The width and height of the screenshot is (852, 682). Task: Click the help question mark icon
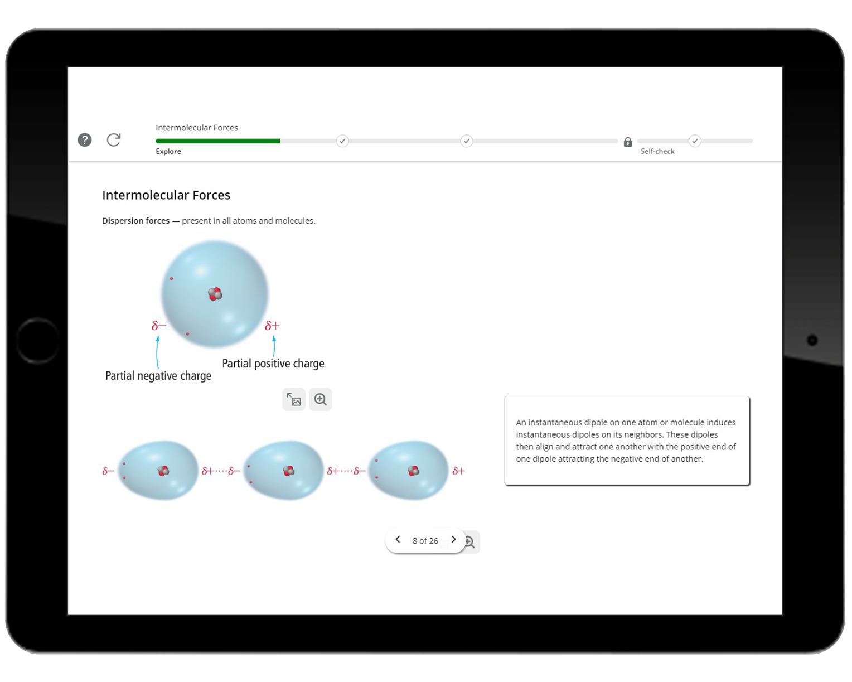(x=85, y=140)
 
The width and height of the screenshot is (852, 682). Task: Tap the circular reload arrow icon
(x=114, y=140)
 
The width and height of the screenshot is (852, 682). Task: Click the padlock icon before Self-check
(x=628, y=142)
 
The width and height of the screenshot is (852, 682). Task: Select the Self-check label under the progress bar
(x=657, y=151)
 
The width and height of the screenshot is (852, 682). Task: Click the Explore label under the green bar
(x=168, y=151)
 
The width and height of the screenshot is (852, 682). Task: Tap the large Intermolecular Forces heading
(x=166, y=195)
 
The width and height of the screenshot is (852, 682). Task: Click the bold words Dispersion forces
(x=135, y=221)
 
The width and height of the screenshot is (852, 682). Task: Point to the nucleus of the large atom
(x=215, y=294)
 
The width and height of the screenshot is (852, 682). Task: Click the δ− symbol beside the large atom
(x=159, y=326)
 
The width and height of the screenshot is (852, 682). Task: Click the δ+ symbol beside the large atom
(x=272, y=326)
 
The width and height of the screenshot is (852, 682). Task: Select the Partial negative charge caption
(x=158, y=376)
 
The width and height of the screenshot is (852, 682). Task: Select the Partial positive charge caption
(x=273, y=364)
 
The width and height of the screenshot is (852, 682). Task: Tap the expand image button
(x=294, y=399)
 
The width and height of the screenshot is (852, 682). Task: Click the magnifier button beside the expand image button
(x=321, y=399)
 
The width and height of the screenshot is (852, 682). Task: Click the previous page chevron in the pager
(x=398, y=540)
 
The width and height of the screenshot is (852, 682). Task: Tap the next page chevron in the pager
(x=453, y=540)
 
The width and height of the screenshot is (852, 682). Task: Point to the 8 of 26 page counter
(x=425, y=541)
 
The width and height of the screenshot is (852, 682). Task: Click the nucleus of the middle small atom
(x=288, y=471)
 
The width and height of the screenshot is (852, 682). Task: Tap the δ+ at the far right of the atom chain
(x=458, y=471)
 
